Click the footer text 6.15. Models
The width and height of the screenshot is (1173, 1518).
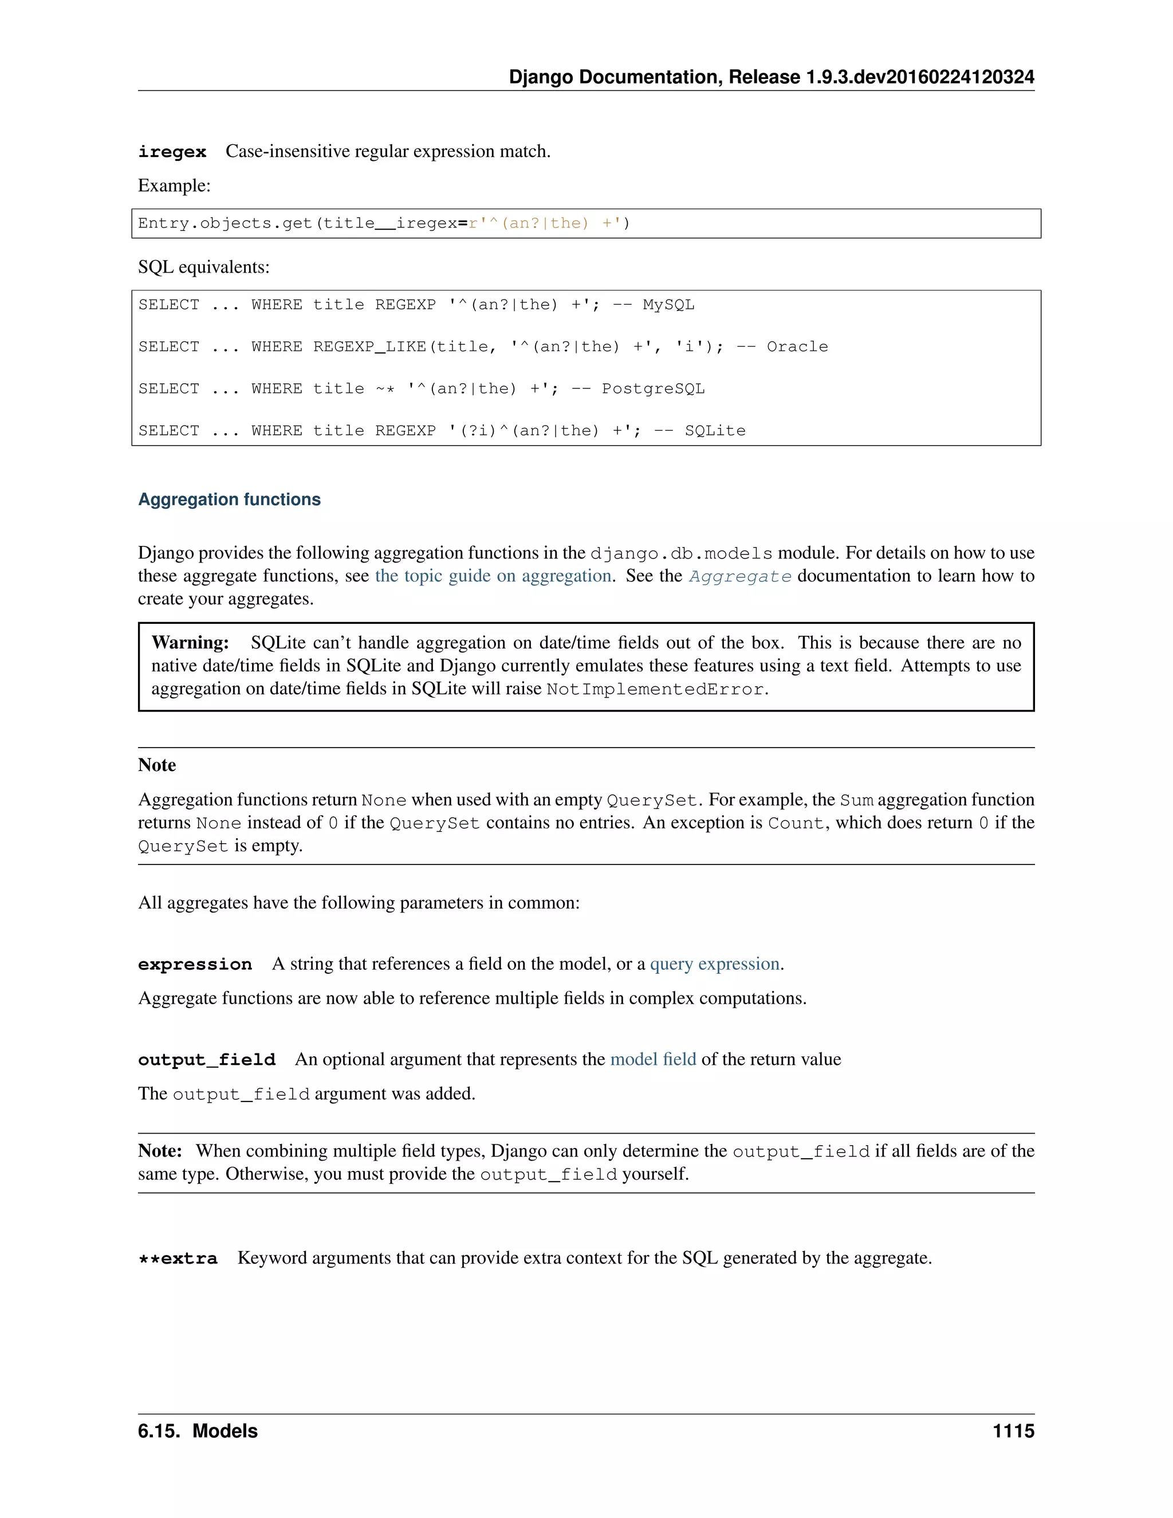[198, 1431]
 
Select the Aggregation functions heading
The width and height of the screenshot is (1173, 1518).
[229, 499]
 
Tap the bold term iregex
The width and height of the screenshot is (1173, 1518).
[172, 152]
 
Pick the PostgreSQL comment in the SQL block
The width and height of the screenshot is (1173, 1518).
[652, 388]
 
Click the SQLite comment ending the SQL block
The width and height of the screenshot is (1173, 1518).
[714, 430]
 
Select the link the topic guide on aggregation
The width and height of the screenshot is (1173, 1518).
[493, 576]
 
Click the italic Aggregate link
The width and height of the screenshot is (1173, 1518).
[739, 576]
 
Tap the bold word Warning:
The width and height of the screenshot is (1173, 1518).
[190, 642]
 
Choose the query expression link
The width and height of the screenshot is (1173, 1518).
[714, 964]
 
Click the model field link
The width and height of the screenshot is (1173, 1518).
[652, 1059]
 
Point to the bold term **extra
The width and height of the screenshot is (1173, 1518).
[178, 1258]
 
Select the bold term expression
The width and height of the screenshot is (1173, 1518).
[195, 964]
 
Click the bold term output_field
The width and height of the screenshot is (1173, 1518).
[206, 1059]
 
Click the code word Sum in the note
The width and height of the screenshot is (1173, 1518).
[856, 800]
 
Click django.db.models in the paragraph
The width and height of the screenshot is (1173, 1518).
[681, 553]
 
